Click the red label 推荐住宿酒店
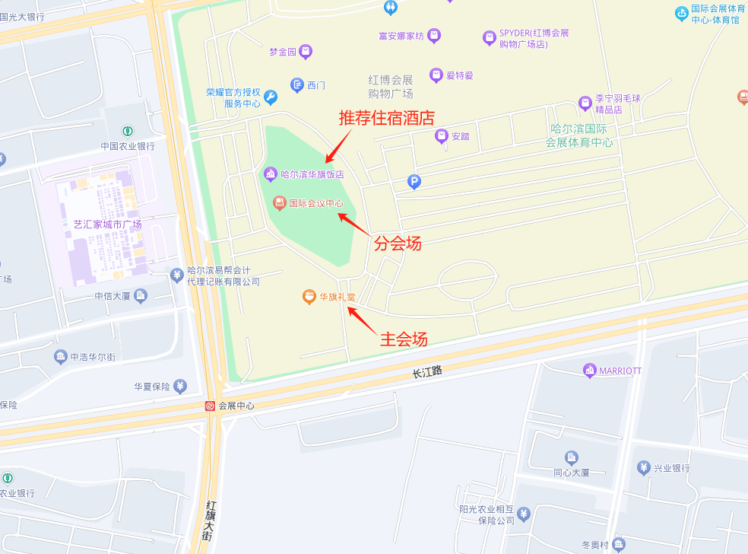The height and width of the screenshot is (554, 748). coord(386,118)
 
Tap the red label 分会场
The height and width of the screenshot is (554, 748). coord(398,244)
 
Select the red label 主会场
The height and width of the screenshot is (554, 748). coord(404,339)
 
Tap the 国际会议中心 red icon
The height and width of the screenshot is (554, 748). coord(279,203)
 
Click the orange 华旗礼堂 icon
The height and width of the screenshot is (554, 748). coord(309,297)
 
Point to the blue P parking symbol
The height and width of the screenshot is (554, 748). coord(414,181)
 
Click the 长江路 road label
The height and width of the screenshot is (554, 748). coord(426,372)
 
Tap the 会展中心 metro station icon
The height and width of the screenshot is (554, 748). coord(209,406)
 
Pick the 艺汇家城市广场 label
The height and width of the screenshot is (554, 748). coord(107,224)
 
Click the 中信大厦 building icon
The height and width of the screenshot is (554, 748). coord(140,296)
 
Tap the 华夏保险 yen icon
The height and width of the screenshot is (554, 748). coord(180,386)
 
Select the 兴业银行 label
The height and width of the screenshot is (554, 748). coord(672,468)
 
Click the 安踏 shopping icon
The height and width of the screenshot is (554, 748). coord(441,136)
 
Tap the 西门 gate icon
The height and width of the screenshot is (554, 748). coord(297,84)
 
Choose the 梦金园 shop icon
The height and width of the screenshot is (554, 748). coord(306,52)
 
